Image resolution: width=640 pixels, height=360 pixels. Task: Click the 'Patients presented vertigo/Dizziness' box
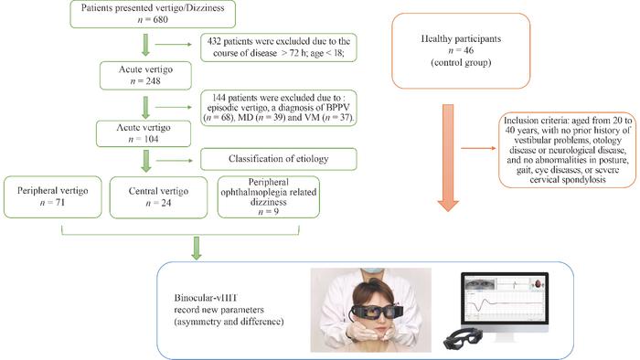click(x=153, y=14)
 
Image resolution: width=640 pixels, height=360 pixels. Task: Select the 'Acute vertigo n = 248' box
click(x=145, y=76)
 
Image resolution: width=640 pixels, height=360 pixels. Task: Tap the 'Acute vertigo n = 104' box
click(x=144, y=133)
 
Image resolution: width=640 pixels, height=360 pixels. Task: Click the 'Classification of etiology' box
click(x=278, y=159)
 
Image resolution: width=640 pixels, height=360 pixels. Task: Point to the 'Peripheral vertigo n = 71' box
click(x=53, y=197)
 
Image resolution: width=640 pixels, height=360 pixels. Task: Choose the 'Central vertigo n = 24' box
click(x=158, y=197)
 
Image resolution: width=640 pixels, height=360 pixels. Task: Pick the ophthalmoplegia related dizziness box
click(x=269, y=197)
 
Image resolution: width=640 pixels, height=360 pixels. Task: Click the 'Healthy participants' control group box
click(x=461, y=50)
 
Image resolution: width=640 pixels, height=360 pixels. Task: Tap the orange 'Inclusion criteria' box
click(x=568, y=150)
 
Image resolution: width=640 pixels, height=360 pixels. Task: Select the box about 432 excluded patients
click(x=278, y=48)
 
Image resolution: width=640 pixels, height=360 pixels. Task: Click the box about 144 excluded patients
click(x=278, y=108)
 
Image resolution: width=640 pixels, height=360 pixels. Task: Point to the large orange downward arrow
click(x=448, y=158)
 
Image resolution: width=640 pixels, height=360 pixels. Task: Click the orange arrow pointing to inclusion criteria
click(x=478, y=148)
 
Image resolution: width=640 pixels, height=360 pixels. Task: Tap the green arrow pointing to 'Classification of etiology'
click(x=174, y=161)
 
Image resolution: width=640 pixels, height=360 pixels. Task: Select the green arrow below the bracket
click(x=197, y=248)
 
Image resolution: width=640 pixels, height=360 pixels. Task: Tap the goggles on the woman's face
click(x=374, y=312)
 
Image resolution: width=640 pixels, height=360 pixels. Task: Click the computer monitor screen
click(x=505, y=298)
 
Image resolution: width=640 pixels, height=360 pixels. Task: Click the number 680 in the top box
click(x=160, y=19)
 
